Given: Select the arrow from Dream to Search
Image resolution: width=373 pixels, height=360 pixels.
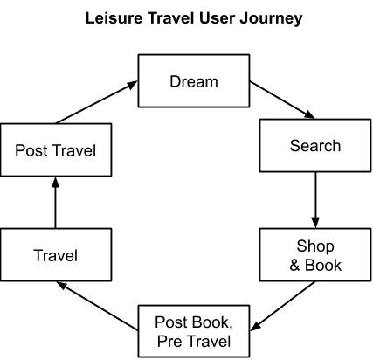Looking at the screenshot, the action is (282, 100).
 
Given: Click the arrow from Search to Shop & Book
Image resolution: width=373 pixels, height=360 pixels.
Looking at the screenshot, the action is (315, 200).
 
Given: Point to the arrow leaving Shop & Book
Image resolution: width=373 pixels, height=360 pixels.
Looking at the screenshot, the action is (282, 306).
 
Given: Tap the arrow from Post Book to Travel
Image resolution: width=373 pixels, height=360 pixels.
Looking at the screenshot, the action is (97, 306).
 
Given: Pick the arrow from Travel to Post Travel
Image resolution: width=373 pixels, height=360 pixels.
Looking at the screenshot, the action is (55, 203).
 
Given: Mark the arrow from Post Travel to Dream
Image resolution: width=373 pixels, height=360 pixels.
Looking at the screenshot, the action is (97, 102).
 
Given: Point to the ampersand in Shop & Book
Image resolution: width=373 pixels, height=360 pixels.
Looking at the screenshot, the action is (294, 265).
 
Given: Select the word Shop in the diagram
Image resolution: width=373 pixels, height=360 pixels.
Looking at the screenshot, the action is (315, 246).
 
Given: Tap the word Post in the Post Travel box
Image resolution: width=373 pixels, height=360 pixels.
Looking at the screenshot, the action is (31, 150).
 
